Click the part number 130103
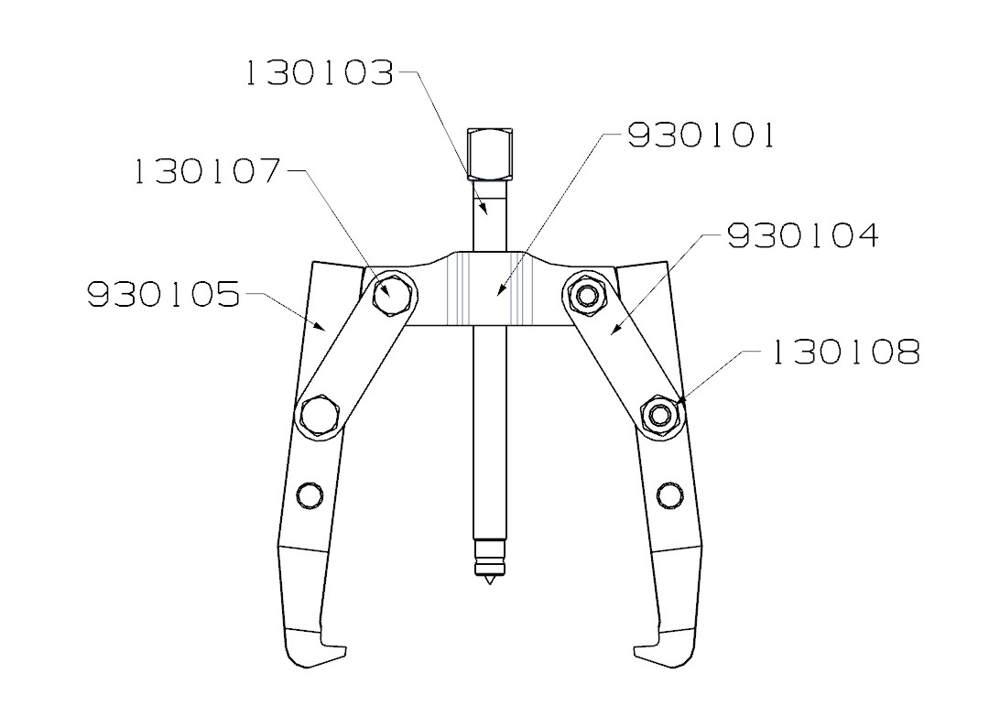tap(320, 74)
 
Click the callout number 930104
tap(802, 235)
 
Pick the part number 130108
tap(843, 353)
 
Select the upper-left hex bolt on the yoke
tap(395, 294)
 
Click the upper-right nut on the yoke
tap(583, 294)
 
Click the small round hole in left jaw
tap(310, 495)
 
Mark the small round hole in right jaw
tap(669, 495)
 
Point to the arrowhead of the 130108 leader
tap(683, 399)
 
